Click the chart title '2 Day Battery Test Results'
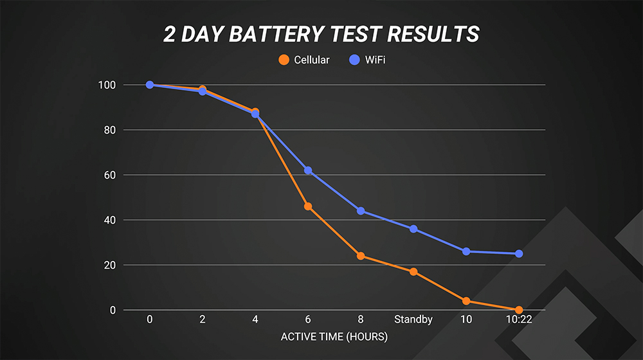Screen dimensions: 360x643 coord(321,34)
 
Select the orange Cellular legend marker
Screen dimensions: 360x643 coord(283,60)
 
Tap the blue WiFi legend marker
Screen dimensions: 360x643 coord(354,60)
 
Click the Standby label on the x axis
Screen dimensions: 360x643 coord(413,319)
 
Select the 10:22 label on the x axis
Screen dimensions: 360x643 coord(519,319)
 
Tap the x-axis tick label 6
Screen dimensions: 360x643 coord(308,319)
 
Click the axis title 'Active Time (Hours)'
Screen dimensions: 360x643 coord(334,336)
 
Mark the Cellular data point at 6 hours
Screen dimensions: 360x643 coord(308,206)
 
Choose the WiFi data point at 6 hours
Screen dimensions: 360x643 coord(308,170)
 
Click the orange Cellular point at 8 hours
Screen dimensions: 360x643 coord(361,256)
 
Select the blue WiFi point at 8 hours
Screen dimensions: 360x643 coord(361,211)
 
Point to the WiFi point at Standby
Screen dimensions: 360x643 coord(413,229)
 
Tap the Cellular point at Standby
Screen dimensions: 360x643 coord(413,271)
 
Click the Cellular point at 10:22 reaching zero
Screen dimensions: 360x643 coord(519,310)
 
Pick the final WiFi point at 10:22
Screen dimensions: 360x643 coord(519,253)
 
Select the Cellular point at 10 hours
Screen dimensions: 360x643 coord(466,301)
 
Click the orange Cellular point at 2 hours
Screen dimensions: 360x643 coord(203,89)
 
